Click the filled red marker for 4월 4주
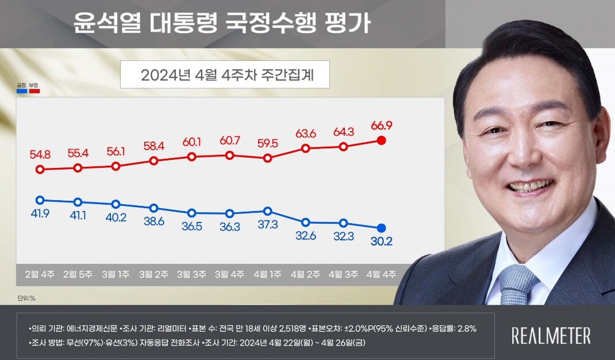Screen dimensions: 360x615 tap(380, 140)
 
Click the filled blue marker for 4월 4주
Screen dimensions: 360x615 tap(380, 228)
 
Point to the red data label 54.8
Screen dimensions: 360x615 tap(41, 155)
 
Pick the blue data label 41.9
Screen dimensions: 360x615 tap(40, 215)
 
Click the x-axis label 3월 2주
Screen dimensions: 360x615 tap(153, 274)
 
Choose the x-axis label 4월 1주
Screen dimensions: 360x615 tap(267, 274)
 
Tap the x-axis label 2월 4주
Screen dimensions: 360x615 tap(40, 274)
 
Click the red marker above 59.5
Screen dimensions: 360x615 tap(267, 158)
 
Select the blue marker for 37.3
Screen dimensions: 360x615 tap(267, 211)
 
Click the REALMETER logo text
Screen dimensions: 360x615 tap(551, 336)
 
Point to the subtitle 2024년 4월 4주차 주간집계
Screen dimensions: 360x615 tap(225, 75)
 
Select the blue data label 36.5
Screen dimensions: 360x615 tap(191, 227)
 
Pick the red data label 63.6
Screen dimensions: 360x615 tap(305, 134)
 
